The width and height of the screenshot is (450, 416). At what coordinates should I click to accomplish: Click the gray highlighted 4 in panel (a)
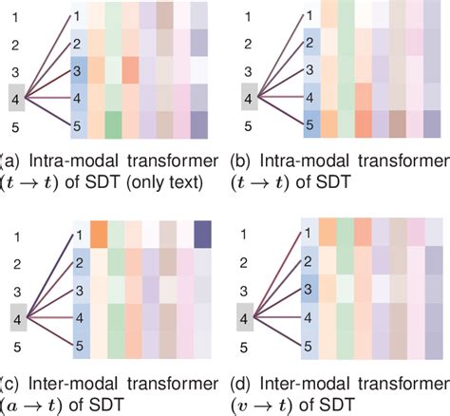[13, 97]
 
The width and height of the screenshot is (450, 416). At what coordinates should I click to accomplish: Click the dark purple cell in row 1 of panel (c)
[201, 232]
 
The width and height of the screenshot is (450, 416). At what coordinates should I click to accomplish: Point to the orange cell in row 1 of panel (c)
[98, 232]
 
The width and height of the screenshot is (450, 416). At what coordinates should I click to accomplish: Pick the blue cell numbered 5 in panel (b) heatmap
[309, 123]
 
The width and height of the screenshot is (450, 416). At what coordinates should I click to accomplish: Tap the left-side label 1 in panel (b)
[249, 16]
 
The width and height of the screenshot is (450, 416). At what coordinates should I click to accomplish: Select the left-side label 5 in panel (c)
[13, 346]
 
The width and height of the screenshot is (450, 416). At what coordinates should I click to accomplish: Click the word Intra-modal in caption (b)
[302, 160]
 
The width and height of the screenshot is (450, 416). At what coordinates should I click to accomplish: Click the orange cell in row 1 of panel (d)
[327, 233]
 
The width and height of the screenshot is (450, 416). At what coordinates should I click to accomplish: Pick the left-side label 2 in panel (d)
[249, 261]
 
